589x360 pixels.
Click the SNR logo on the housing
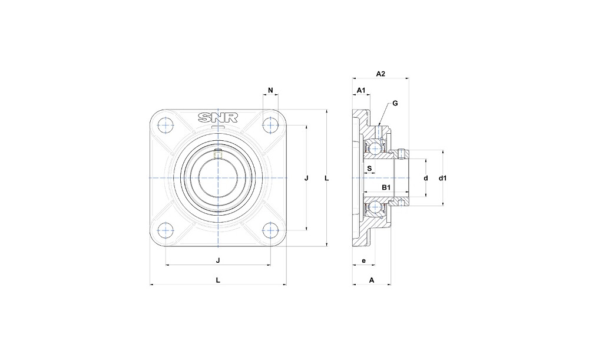(218, 118)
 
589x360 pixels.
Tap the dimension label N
(270, 90)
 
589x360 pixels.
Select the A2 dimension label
(380, 74)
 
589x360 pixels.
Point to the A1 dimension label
(362, 90)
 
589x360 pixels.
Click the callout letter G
(395, 103)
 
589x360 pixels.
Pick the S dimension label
(369, 169)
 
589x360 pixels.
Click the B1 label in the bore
(386, 187)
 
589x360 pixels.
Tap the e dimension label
(363, 260)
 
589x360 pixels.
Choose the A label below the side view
(372, 280)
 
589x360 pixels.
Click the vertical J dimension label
(306, 178)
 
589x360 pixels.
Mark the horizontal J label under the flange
(218, 260)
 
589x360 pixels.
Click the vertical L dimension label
(326, 178)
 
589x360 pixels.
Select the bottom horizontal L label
(218, 280)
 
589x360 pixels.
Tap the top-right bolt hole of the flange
(270, 125)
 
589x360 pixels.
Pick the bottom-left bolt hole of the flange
(166, 230)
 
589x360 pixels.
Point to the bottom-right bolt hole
(270, 230)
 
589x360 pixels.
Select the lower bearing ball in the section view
(373, 207)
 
